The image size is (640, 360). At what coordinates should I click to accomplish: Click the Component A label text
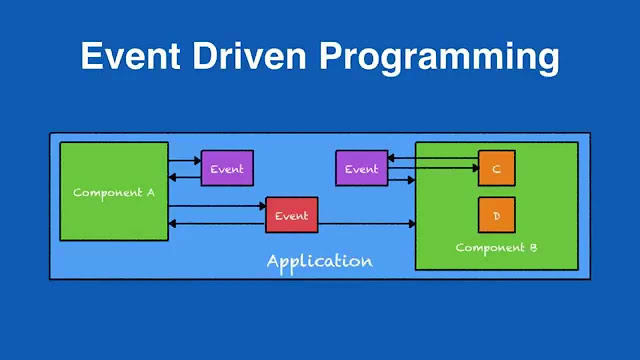113,192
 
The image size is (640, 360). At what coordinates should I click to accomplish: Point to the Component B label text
497,247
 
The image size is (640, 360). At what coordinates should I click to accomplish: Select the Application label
319,261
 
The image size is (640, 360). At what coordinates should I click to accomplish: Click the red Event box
291,216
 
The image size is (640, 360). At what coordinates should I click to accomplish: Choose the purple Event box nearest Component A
227,168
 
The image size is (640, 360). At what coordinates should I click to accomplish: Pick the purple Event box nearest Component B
361,168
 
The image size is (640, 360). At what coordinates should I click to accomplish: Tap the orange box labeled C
496,168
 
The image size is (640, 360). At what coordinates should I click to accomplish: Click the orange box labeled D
496,214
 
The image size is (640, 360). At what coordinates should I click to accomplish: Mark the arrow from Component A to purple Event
184,160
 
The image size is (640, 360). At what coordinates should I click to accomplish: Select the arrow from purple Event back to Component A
184,177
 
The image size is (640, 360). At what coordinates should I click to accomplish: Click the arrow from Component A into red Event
216,207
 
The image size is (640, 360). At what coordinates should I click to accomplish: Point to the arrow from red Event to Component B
365,224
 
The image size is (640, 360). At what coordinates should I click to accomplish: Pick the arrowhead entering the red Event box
261,207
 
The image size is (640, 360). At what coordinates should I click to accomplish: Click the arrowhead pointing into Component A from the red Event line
173,224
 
